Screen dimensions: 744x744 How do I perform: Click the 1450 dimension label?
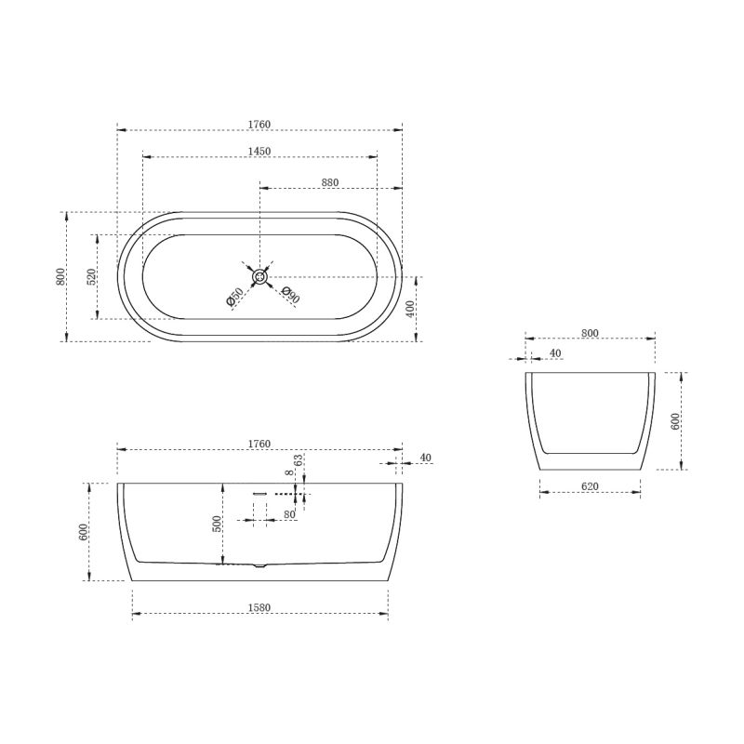tap(259, 151)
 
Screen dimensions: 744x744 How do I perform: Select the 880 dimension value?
tap(330, 182)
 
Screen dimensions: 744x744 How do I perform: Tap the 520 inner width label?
tap(91, 276)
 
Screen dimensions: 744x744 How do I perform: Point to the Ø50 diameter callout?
tap(235, 297)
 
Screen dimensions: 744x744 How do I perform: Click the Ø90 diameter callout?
tap(290, 295)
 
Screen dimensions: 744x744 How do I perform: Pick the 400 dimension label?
tap(410, 309)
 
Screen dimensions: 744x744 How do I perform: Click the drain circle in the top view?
tap(259, 276)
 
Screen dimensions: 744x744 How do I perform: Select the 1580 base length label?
tap(259, 608)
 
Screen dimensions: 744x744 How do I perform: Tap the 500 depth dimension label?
tap(217, 524)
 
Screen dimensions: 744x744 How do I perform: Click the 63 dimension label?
tap(298, 459)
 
